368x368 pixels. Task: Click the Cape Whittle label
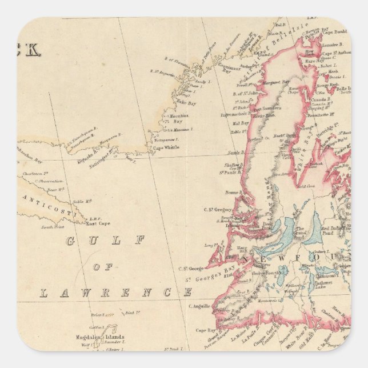click(166, 147)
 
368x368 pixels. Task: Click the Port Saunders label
click(266, 109)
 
